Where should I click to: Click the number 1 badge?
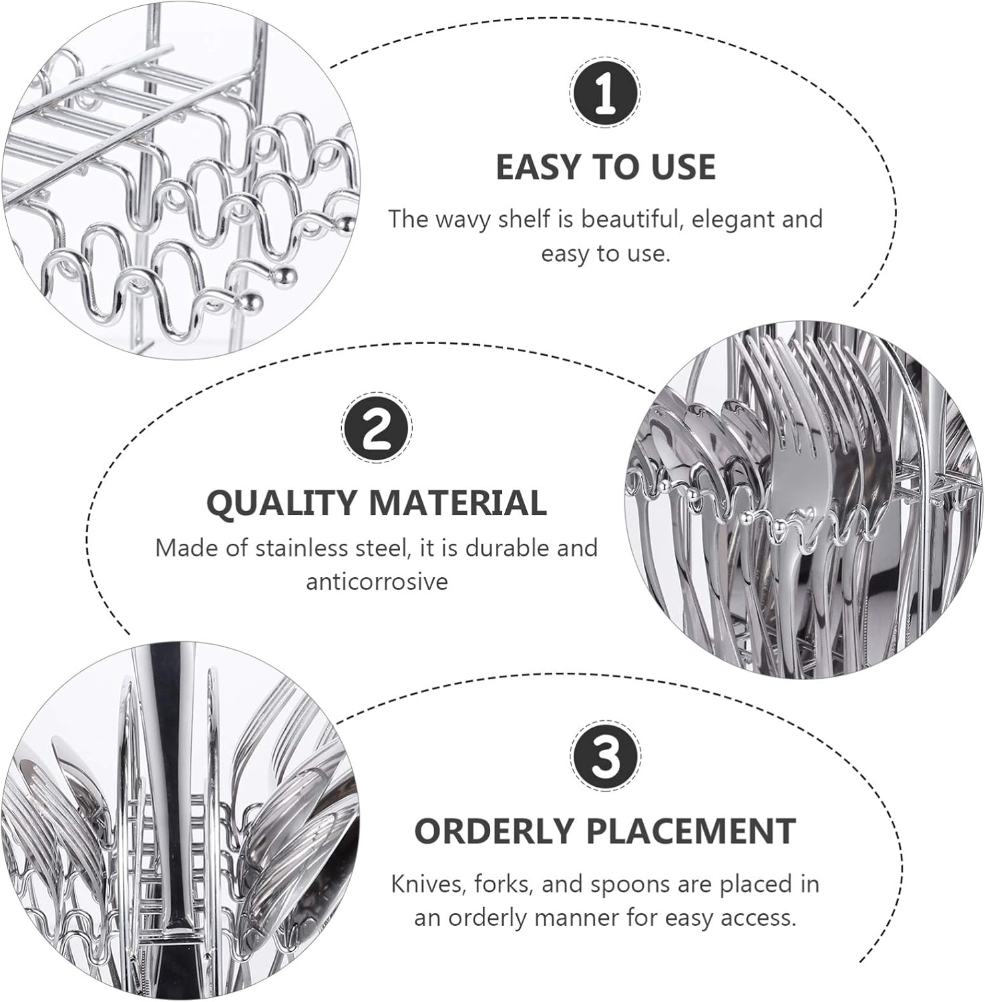tap(605, 93)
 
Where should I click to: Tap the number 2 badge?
tap(377, 428)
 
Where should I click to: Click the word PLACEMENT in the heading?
tap(691, 831)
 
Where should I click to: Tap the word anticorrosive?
tap(377, 582)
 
